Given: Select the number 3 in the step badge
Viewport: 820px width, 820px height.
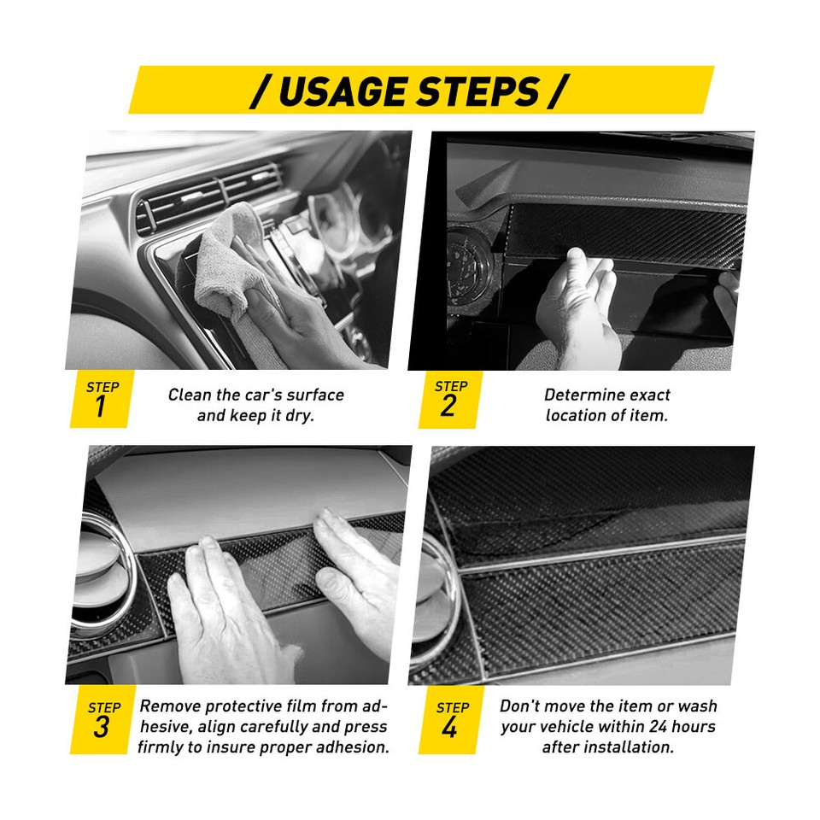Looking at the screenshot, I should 102,729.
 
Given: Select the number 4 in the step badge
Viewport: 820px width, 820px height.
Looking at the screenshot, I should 450,729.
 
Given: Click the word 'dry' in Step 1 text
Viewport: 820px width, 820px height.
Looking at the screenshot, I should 302,417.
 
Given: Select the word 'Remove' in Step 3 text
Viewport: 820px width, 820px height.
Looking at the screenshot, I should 170,706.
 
